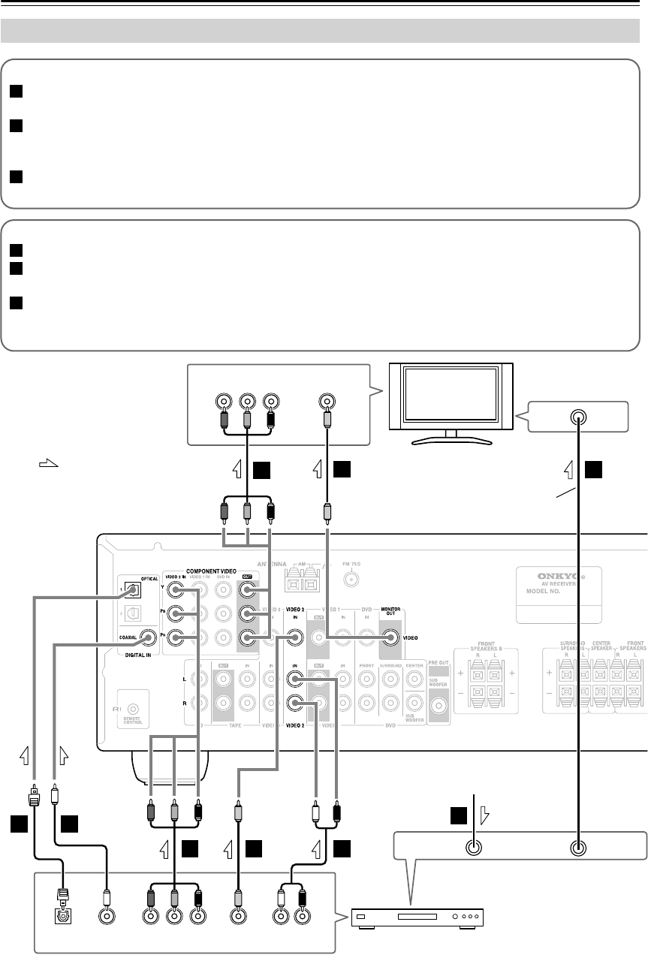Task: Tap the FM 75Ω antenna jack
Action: [x=350, y=580]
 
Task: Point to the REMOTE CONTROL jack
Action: [x=133, y=708]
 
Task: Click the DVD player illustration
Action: [x=417, y=917]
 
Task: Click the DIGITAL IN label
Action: [x=134, y=655]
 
